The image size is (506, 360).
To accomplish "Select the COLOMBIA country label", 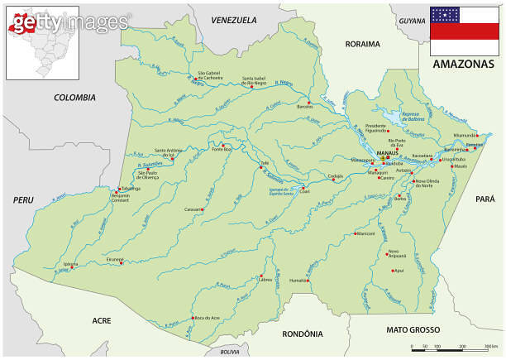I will (75, 97).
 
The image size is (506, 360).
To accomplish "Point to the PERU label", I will (21, 199).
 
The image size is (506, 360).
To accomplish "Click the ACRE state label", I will (101, 319).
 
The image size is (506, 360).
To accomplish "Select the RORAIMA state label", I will (362, 44).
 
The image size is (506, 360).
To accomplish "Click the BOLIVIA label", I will (229, 352).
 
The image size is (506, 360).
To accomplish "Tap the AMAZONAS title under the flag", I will (464, 63).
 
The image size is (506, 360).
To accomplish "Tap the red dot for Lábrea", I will (262, 276).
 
